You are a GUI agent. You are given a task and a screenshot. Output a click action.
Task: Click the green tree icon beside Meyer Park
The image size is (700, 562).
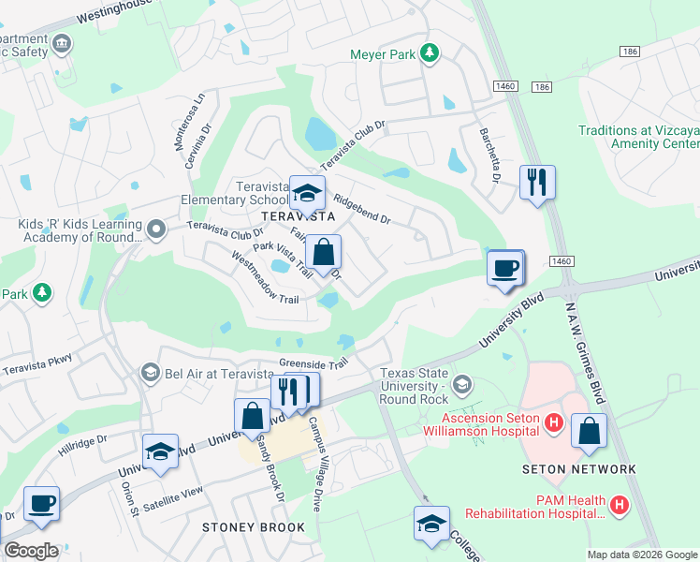430,53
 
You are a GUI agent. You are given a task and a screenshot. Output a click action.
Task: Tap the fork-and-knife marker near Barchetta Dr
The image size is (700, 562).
537,182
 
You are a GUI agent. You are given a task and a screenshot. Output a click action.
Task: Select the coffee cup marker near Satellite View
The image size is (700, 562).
41,503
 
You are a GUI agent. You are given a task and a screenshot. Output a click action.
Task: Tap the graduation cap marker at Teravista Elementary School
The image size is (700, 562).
307,192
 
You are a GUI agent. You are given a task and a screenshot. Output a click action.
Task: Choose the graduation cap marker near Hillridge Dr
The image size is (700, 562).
161,451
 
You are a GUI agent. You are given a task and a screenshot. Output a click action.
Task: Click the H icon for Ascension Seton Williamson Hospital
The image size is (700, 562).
553,422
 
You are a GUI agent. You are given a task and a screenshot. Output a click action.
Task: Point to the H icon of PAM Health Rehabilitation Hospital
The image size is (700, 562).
619,507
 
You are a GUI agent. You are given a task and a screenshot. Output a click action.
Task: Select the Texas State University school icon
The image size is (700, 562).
460,384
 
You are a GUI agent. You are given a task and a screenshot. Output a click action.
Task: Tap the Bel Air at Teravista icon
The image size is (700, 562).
149,374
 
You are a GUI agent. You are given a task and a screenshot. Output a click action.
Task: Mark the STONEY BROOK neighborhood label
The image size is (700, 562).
254,527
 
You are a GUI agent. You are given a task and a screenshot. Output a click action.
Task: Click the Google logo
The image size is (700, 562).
31,551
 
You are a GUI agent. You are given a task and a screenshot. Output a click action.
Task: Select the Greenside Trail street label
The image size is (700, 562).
313,362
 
